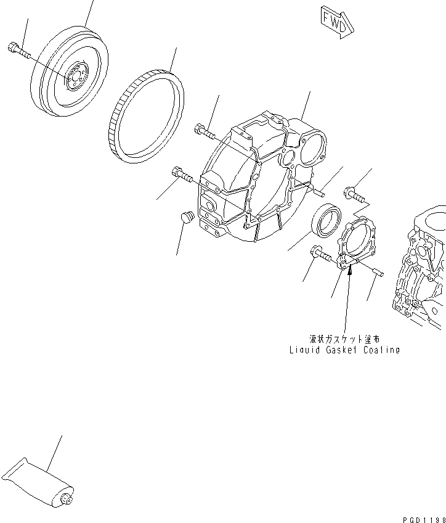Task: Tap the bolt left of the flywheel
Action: (x=18, y=50)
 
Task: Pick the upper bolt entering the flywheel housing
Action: (x=204, y=131)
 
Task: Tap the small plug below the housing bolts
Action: (x=186, y=217)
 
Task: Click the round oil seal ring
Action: (x=326, y=219)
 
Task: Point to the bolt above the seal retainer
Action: (x=354, y=194)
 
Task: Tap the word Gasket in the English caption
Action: (x=342, y=350)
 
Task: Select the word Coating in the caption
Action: (x=381, y=350)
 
